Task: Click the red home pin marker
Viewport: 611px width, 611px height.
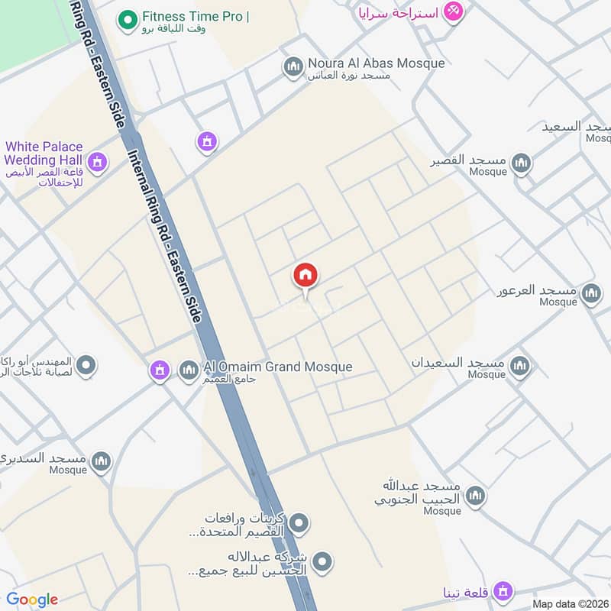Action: coord(305,276)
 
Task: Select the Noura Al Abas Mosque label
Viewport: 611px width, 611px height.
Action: coord(376,63)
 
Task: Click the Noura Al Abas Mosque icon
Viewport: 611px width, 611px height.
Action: coord(293,67)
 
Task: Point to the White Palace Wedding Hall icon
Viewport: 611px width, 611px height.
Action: coord(96,161)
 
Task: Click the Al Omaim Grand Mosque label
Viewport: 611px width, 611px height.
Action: coord(278,367)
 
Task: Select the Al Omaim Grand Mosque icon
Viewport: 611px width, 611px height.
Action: coord(189,371)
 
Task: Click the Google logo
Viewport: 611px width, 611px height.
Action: coord(32,600)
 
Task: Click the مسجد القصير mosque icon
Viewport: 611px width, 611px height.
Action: coord(521,163)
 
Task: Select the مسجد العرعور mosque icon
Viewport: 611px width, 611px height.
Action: coord(591,293)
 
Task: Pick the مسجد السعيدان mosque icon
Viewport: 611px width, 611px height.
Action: coord(519,366)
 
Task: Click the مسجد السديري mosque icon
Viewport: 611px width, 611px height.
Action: coord(101,461)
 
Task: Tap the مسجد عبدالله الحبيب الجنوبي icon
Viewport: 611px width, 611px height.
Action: coord(475,496)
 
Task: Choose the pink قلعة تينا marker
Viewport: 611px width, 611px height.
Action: coord(502,590)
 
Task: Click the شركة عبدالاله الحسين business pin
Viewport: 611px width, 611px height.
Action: coord(323,563)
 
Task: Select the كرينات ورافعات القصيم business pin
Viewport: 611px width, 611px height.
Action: coord(300,523)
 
